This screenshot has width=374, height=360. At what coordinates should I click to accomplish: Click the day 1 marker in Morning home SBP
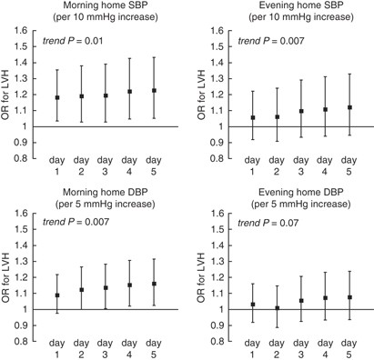(56, 97)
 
